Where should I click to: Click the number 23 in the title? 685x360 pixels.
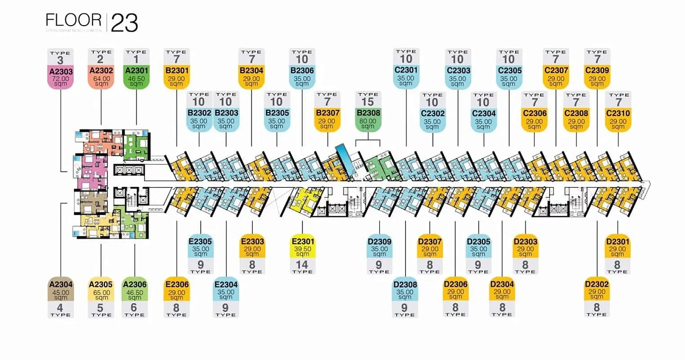point(125,23)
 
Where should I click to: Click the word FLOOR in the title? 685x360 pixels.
point(74,21)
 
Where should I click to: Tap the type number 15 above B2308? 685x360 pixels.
point(368,101)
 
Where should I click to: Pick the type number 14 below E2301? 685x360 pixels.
point(302,264)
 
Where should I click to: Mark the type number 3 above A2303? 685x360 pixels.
point(60,60)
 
